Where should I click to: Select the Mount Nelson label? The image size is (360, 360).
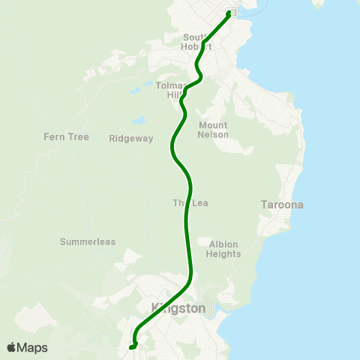213,130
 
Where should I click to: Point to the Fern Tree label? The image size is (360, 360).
66,137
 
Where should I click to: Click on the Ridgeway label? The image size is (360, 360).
130,138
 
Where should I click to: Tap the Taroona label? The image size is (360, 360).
281,205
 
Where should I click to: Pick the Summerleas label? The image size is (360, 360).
87,241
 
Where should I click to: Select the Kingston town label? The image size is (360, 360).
178,307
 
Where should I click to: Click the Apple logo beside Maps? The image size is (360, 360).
12,347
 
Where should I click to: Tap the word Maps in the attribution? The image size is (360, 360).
33,347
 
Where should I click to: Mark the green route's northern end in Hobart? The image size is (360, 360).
229,13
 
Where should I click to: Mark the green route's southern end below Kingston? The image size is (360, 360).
130,346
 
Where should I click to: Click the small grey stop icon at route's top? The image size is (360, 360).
234,13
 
